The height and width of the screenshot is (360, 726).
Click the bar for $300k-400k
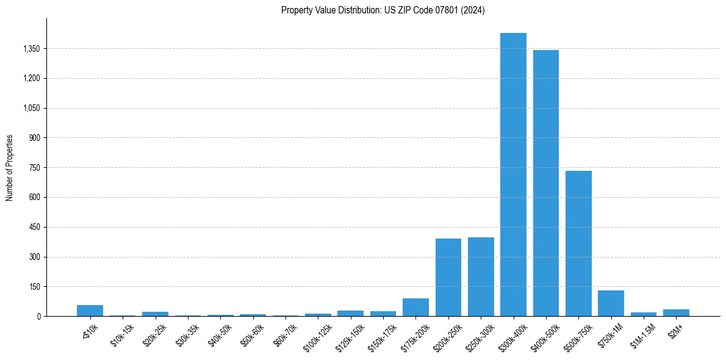click(x=513, y=175)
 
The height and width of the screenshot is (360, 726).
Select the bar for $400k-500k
click(x=546, y=183)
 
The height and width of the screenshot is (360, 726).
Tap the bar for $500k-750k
click(x=578, y=243)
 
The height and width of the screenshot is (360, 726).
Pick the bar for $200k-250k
click(x=448, y=277)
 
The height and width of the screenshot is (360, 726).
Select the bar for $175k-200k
click(x=415, y=307)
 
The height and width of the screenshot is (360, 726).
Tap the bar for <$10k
click(x=90, y=311)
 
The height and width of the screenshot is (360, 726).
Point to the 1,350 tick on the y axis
click(x=31, y=49)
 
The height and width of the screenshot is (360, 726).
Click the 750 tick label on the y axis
click(x=34, y=168)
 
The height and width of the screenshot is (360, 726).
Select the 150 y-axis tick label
click(x=34, y=287)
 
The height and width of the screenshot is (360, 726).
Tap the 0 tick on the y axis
click(x=38, y=316)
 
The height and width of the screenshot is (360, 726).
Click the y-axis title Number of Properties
click(x=10, y=167)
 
